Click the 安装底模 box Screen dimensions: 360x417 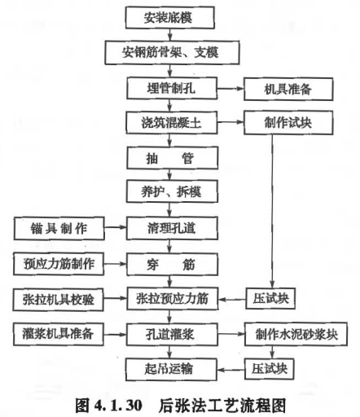[x=170, y=18]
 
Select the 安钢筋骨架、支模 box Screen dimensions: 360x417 [x=172, y=52]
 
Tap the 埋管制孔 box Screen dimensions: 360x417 [x=172, y=88]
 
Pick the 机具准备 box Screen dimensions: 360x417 [x=288, y=89]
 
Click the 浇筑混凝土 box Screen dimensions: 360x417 [x=172, y=123]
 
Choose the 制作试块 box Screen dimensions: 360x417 [x=288, y=123]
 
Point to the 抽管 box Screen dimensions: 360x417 [x=172, y=158]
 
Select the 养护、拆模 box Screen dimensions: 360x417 [x=172, y=191]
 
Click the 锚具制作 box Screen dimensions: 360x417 [x=59, y=228]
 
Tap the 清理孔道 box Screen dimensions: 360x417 [x=172, y=228]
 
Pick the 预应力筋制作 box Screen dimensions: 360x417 [x=59, y=264]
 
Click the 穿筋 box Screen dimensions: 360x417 [x=172, y=265]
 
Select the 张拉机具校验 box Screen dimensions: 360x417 [x=58, y=300]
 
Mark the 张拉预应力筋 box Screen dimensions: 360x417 [x=173, y=299]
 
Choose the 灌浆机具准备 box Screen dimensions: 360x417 [x=58, y=334]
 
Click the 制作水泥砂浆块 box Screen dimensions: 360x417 [x=296, y=334]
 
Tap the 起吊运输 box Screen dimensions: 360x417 [x=171, y=369]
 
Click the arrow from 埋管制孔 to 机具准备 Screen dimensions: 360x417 [x=230, y=89]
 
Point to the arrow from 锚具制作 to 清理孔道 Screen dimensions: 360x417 [x=116, y=227]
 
